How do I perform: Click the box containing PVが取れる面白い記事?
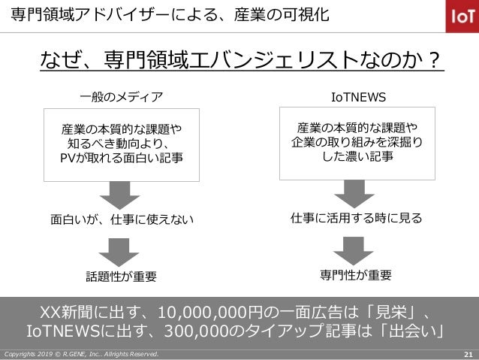click(x=121, y=144)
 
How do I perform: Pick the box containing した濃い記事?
click(x=357, y=143)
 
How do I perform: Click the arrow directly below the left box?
click(x=121, y=195)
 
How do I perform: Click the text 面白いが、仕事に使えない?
click(x=122, y=220)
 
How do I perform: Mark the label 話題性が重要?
click(x=122, y=276)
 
